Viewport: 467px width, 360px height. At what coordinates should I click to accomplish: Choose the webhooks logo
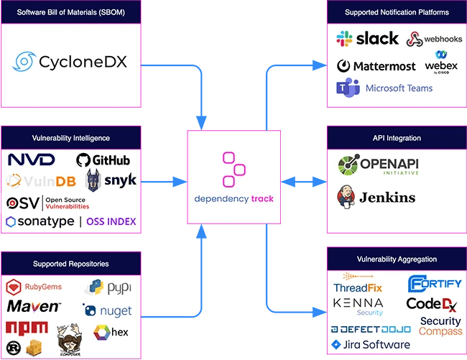point(433,40)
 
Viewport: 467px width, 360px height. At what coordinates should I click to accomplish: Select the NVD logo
point(32,160)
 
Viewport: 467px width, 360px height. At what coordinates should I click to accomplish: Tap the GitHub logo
point(103,160)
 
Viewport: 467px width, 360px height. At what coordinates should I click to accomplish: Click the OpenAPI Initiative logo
point(378,166)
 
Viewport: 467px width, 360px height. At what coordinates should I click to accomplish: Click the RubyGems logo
point(35,287)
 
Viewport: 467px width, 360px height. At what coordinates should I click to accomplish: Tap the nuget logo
point(107,310)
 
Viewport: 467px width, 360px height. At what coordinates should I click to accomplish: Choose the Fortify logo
point(435,283)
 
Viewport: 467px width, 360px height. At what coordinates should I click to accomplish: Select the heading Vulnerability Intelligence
point(71,137)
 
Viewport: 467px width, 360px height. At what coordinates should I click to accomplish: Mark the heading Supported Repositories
point(71,264)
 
